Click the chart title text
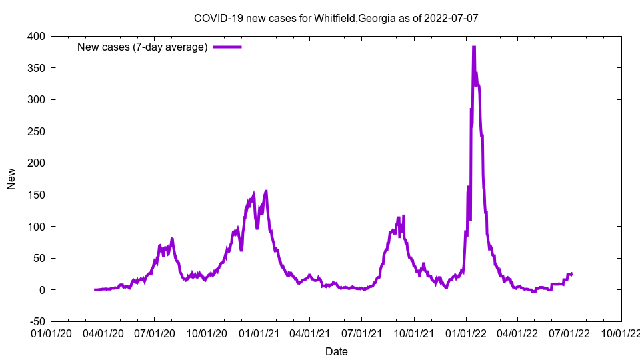[x=336, y=18]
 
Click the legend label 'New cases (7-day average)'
[x=143, y=47]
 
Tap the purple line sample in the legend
[x=227, y=47]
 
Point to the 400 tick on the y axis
[x=37, y=36]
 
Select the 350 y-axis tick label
[x=37, y=68]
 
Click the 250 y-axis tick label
[x=37, y=131]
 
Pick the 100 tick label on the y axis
[x=37, y=227]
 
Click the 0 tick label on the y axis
[x=42, y=290]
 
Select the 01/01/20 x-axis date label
[x=51, y=333]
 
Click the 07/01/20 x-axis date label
[x=154, y=333]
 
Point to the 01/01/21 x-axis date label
[x=258, y=333]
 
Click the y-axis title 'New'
[x=11, y=179]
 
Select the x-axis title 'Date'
[x=336, y=351]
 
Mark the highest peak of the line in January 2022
[x=473, y=47]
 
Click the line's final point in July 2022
[x=571, y=274]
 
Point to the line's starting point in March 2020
[x=95, y=289]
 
